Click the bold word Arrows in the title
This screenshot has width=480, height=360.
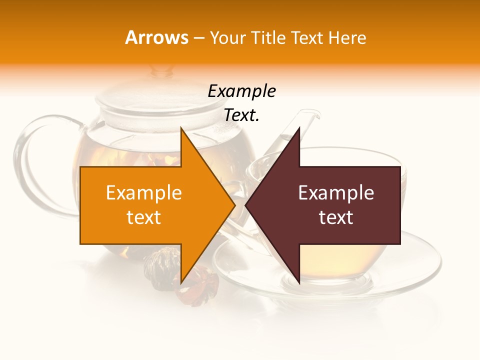pos(157,37)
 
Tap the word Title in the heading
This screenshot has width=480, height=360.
pos(268,38)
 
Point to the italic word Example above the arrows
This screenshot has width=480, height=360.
pos(241,91)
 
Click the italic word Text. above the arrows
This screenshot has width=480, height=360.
pos(241,115)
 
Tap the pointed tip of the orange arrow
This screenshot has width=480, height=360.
pos(234,205)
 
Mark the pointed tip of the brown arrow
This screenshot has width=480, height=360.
pos(246,205)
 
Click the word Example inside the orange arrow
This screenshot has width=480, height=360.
pos(144,193)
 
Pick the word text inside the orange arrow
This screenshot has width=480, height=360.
pos(144,217)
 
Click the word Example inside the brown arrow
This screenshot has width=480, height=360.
pos(336,193)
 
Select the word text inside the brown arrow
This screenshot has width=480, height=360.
pos(336,217)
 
